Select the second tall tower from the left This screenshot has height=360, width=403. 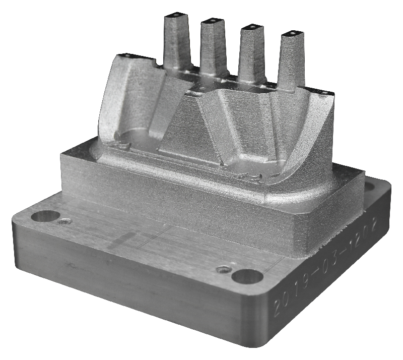tap(213, 47)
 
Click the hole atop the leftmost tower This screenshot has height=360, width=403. tap(175, 15)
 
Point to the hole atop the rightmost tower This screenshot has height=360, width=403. tap(292, 33)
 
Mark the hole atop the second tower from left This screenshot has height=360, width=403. tap(213, 20)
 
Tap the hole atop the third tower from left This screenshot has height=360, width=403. tap(252, 27)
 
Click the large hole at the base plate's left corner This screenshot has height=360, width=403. tap(45, 216)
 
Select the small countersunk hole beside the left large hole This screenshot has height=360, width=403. tap(64, 221)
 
